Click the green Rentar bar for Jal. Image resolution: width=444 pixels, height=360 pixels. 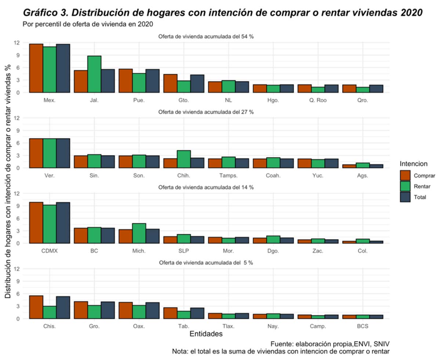[x=94, y=74]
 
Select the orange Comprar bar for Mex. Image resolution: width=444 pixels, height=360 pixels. [x=36, y=68]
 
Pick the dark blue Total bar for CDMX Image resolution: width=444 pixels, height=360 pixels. [x=63, y=223]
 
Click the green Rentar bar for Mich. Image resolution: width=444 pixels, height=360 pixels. [x=139, y=233]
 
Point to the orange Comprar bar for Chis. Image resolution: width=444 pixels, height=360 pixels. [x=36, y=307]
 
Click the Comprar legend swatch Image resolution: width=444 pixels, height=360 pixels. [x=405, y=175]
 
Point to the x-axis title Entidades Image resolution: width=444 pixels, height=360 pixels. [x=206, y=334]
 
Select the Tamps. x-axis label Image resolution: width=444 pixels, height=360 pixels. [x=228, y=176]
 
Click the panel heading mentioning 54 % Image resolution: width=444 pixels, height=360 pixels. [x=206, y=36]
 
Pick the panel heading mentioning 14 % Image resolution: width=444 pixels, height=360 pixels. [x=206, y=187]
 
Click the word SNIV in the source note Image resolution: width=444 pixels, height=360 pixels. [x=381, y=344]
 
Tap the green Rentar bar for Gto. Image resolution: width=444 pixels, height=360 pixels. [x=183, y=86]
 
